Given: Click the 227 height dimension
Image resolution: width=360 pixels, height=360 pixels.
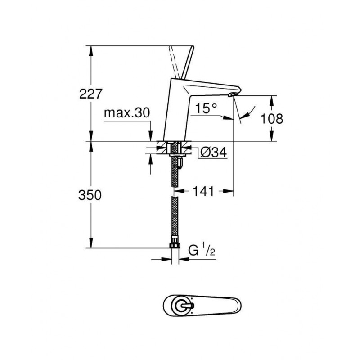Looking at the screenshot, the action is pos(90,94).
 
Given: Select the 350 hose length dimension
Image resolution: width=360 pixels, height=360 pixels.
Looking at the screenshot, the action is pos(90,195).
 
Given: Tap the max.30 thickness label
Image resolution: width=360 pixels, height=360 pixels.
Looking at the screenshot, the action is pos(127,113).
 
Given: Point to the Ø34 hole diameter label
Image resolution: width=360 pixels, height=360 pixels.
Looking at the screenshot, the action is pos(213,152).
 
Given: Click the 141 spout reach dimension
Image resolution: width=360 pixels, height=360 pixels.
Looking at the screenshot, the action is pos(203,191).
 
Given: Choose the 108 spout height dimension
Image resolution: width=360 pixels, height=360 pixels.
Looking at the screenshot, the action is pos(272,119).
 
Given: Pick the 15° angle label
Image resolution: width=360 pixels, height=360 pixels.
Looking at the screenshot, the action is pos(206,108).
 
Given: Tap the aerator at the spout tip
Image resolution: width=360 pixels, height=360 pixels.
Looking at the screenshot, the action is pos(233,94).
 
